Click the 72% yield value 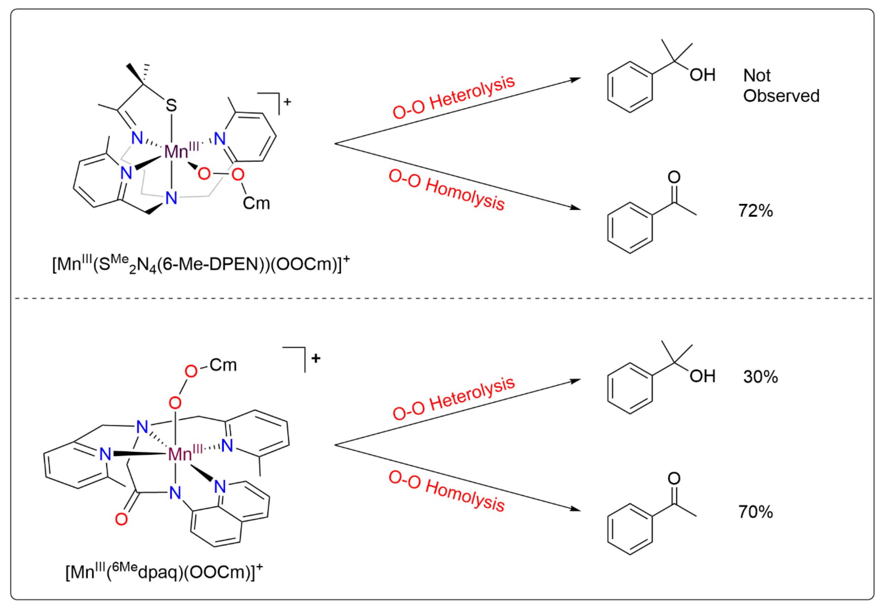pyautogui.click(x=755, y=211)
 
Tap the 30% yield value pyautogui.click(x=760, y=377)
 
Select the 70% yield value pyautogui.click(x=755, y=512)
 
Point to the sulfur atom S pyautogui.click(x=171, y=105)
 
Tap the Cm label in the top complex pyautogui.click(x=256, y=203)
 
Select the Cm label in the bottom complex pyautogui.click(x=223, y=365)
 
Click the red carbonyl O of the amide pyautogui.click(x=121, y=519)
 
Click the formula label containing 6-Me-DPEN pyautogui.click(x=200, y=264)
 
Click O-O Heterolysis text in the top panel pyautogui.click(x=454, y=98)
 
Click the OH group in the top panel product pyautogui.click(x=702, y=75)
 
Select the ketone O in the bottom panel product pyautogui.click(x=674, y=478)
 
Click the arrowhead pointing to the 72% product pyautogui.click(x=575, y=208)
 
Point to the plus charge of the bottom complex pyautogui.click(x=316, y=358)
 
